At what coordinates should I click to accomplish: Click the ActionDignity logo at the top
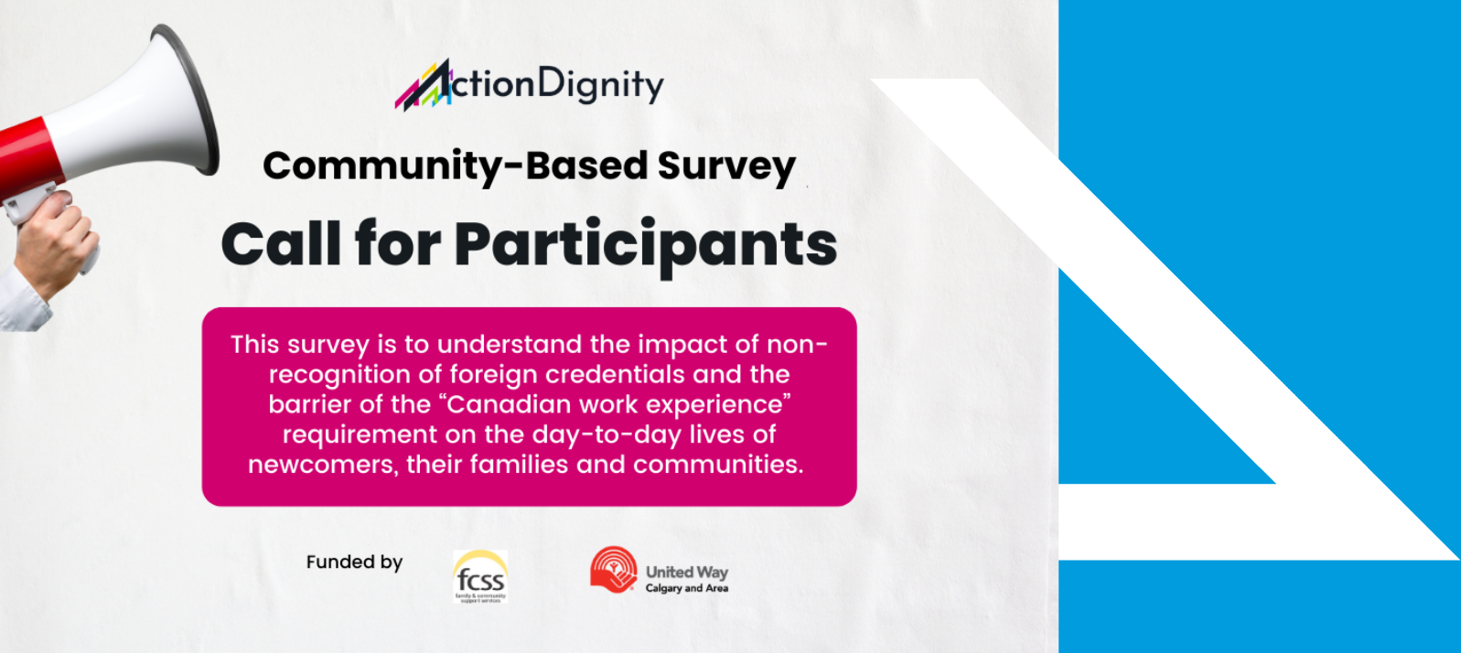[529, 85]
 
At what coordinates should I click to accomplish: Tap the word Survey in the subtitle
[725, 166]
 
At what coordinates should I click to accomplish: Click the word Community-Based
[455, 166]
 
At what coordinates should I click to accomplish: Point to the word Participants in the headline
[645, 245]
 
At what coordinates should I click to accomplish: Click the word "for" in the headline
[397, 245]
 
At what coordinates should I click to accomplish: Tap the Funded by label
[354, 562]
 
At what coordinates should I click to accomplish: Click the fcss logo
[480, 576]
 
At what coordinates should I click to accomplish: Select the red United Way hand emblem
[613, 570]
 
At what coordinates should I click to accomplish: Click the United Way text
[686, 572]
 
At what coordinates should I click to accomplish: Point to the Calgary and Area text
[686, 589]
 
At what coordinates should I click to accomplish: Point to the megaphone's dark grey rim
[197, 101]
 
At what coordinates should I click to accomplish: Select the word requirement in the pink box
[360, 434]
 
